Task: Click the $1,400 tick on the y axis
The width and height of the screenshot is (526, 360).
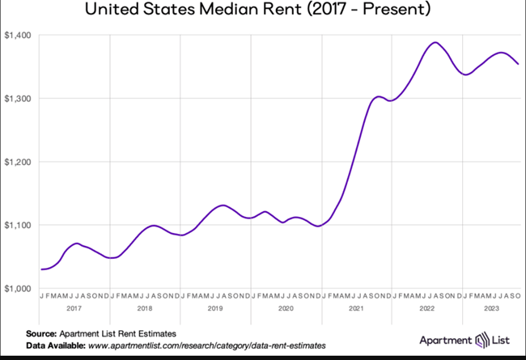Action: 18,36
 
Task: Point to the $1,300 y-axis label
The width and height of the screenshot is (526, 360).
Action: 18,99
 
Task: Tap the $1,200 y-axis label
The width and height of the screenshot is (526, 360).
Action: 18,162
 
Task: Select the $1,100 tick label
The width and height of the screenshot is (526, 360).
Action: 18,225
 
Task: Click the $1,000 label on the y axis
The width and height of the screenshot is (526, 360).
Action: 18,288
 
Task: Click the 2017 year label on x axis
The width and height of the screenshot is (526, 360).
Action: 74,308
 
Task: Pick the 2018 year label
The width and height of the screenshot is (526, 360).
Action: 145,308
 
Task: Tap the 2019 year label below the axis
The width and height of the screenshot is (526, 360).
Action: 215,308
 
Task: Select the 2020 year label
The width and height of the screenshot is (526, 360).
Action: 286,308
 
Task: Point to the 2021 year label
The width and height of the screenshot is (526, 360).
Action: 356,308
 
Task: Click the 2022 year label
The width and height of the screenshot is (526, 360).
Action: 426,308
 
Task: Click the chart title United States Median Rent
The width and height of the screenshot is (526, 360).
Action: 263,11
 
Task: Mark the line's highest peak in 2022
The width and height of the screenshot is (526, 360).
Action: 435,42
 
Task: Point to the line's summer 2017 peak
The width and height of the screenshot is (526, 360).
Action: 76,243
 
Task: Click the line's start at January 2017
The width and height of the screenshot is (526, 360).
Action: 41,269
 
